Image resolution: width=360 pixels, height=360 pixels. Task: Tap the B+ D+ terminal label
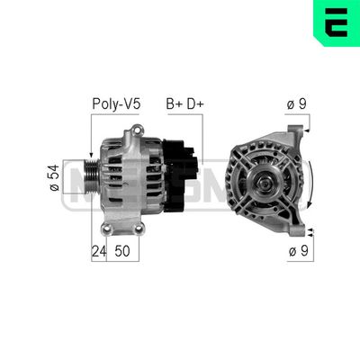[184, 103]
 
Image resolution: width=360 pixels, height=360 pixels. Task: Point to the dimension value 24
[98, 253]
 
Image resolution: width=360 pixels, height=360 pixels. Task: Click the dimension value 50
[121, 253]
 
